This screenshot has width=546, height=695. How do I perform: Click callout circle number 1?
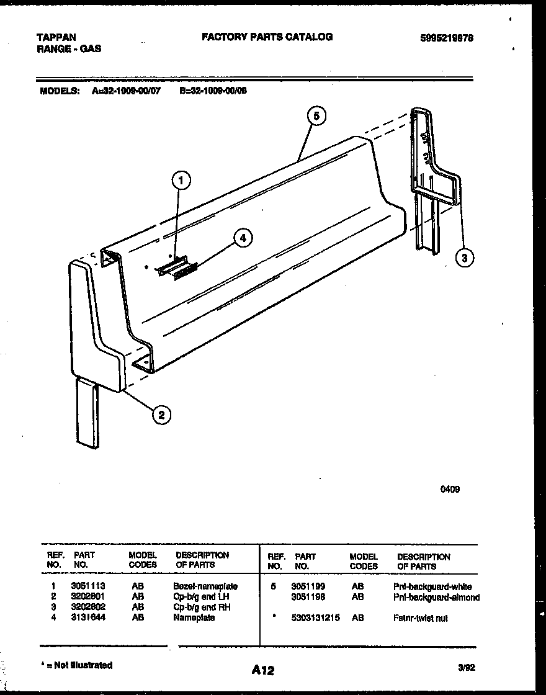tap(181, 181)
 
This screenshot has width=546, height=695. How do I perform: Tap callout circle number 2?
tap(161, 415)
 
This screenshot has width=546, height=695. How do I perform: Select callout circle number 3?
tap(464, 258)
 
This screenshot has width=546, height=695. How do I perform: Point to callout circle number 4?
tap(243, 238)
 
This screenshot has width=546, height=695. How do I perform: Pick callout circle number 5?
tap(316, 116)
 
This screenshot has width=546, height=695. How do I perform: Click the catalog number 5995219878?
tap(447, 37)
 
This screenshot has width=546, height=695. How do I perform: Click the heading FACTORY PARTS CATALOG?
tap(267, 37)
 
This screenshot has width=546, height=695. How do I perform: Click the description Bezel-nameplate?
tap(205, 586)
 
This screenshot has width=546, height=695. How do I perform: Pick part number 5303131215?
tap(315, 618)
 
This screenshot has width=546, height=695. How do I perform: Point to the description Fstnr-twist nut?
tap(420, 618)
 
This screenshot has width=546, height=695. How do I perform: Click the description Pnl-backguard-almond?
tap(436, 597)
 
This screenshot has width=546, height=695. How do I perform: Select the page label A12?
tap(263, 670)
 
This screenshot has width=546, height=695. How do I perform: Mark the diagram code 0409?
tap(450, 489)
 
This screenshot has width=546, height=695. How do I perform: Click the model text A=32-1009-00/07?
tap(126, 89)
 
